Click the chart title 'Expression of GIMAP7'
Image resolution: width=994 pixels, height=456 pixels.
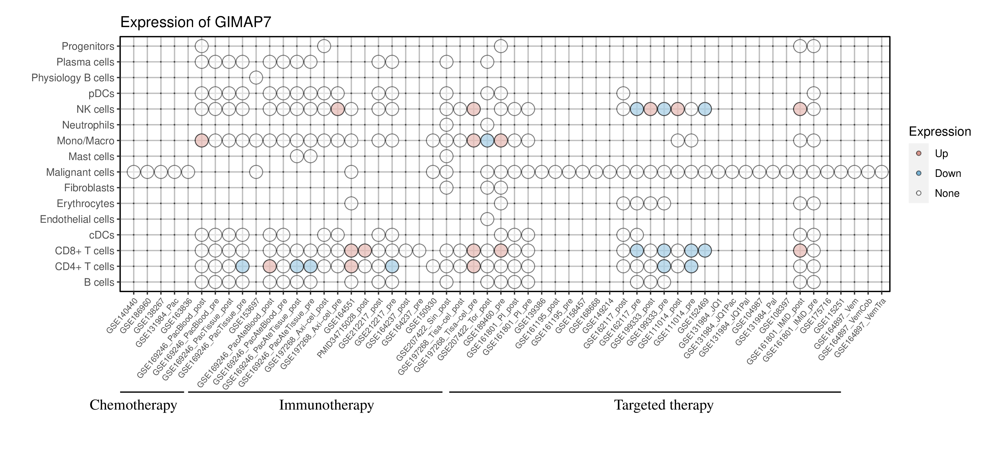click(196, 22)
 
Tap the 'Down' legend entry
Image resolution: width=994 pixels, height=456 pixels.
click(947, 173)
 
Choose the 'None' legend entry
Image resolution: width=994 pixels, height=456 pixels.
click(947, 193)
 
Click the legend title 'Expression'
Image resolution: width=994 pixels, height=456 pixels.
click(940, 132)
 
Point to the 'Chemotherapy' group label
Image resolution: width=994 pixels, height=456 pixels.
click(133, 405)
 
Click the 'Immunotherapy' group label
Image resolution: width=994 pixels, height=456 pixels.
click(326, 405)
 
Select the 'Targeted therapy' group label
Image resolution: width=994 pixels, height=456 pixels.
click(664, 405)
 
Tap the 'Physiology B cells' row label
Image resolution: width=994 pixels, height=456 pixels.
click(73, 78)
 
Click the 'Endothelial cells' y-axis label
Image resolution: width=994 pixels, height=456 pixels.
click(77, 219)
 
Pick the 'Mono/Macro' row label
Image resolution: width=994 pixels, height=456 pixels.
click(85, 141)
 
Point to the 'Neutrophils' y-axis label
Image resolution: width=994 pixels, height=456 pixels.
click(88, 125)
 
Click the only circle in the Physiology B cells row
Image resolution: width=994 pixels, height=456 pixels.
click(256, 78)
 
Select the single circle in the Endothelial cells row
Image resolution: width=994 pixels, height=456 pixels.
click(487, 219)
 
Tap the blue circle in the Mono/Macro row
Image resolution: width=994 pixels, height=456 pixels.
click(487, 141)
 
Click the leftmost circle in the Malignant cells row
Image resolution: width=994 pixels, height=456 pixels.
click(134, 172)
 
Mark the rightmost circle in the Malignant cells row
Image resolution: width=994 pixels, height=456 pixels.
click(882, 172)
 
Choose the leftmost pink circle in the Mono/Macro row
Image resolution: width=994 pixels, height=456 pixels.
click(202, 141)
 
